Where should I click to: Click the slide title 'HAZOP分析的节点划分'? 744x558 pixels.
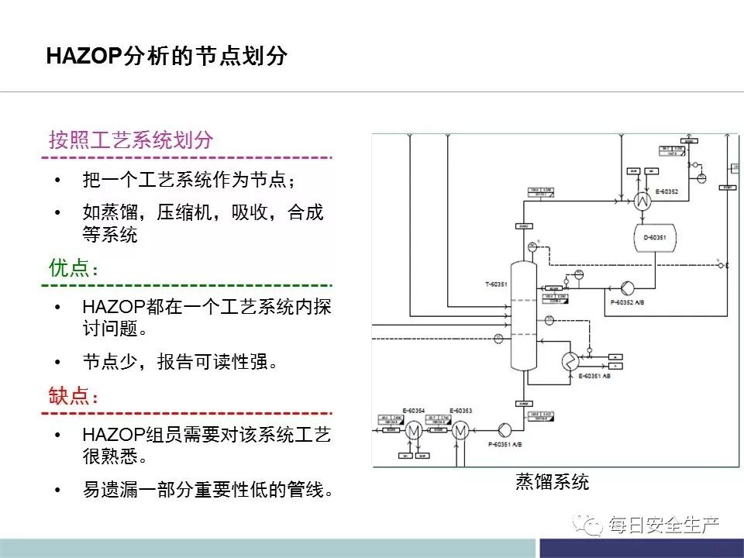click(x=167, y=57)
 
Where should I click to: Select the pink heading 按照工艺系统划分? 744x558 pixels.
click(x=130, y=140)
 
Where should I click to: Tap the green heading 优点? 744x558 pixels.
click(x=74, y=268)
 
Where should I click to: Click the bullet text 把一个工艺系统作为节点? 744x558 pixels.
click(x=189, y=181)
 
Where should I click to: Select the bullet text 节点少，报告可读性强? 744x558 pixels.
click(x=180, y=362)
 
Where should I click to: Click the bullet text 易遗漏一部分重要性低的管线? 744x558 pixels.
click(x=208, y=490)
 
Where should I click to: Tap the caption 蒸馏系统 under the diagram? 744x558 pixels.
click(x=552, y=482)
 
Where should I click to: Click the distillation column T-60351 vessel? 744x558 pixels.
click(x=524, y=318)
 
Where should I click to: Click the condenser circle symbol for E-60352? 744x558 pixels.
click(x=642, y=201)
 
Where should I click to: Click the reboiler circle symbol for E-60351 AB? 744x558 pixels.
click(x=569, y=360)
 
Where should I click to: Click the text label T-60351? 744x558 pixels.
click(x=496, y=284)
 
